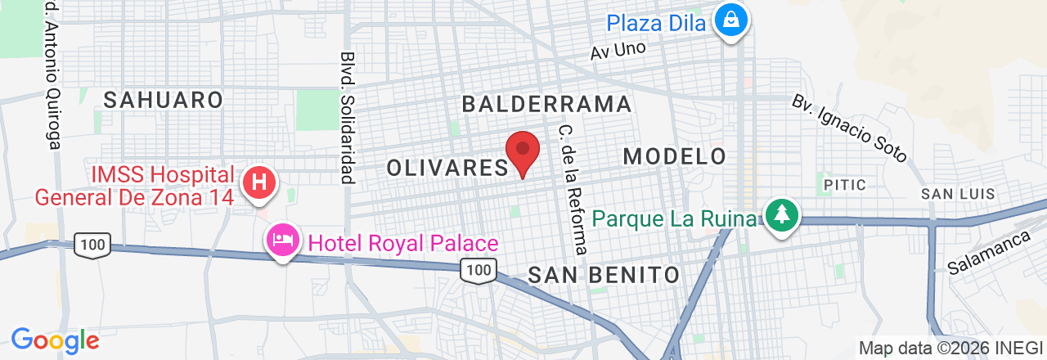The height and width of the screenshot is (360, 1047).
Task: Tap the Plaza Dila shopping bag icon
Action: pos(731,20)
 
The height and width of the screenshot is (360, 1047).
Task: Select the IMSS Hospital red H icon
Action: pos(259,182)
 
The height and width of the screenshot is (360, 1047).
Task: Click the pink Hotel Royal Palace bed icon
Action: pos(283,241)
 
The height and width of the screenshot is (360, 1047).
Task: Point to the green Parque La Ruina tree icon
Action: pos(783,215)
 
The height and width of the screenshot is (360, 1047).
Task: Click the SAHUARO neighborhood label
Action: pos(164,100)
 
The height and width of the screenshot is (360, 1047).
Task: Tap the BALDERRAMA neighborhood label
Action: pos(546,104)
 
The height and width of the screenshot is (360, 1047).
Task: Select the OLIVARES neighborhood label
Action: pos(447,168)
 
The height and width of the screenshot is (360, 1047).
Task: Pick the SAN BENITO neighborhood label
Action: pos(604,274)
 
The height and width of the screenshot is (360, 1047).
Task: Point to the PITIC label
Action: pos(845,185)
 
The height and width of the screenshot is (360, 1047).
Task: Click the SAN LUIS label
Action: pos(958,194)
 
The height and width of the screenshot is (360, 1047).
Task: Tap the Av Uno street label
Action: pos(618,51)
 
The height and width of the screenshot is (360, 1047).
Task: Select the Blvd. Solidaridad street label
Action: pos(347,118)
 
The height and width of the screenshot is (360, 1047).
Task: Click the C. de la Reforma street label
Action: pos(573,189)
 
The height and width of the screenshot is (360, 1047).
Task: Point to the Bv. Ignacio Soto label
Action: pos(850,128)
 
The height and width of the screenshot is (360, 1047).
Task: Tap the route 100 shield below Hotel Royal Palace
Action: pos(478,269)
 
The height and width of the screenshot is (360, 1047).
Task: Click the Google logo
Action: pos(55,340)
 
